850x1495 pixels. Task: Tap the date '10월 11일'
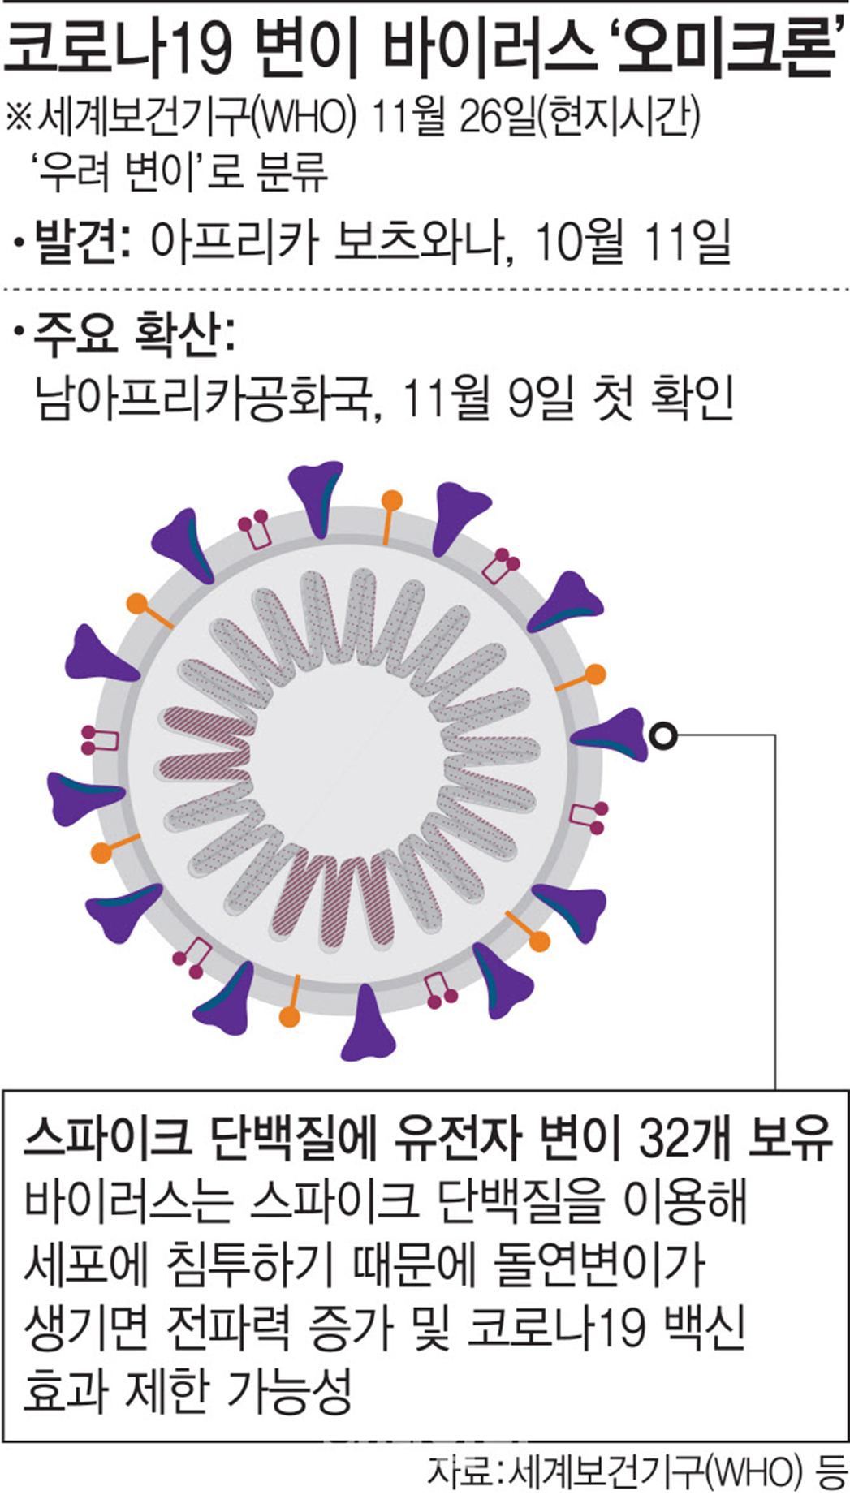click(634, 241)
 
